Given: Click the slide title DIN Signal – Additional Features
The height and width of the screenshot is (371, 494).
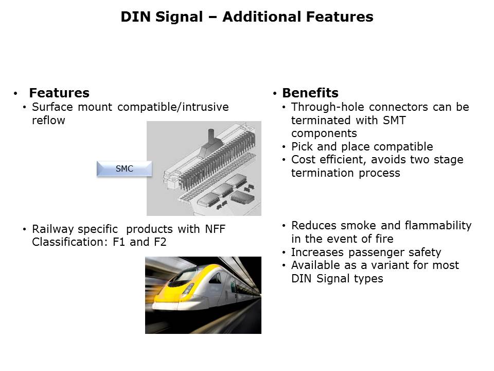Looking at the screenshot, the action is [247, 16].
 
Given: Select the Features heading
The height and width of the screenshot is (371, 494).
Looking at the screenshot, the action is [59, 93].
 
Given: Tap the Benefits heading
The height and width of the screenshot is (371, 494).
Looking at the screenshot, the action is [310, 93].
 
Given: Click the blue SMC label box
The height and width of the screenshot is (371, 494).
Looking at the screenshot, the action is [125, 169].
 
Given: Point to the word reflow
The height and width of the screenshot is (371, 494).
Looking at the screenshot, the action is [48, 120].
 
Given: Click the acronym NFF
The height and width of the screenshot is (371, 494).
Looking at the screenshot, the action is [215, 229].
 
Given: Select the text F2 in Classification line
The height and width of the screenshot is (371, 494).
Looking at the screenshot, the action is [160, 242].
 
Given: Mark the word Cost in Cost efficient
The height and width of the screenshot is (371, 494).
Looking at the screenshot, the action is [303, 160].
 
